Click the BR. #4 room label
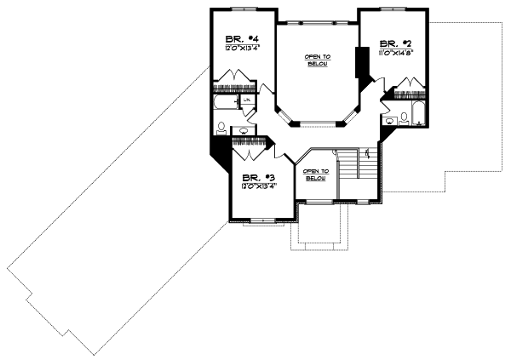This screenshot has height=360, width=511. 235,38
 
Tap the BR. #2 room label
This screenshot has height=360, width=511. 389,43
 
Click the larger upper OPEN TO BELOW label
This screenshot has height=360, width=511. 318,60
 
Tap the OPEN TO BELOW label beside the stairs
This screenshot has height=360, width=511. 315,174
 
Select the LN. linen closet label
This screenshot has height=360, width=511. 246,101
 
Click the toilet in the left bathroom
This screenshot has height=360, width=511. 222,129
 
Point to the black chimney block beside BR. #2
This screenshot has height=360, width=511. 362,63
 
